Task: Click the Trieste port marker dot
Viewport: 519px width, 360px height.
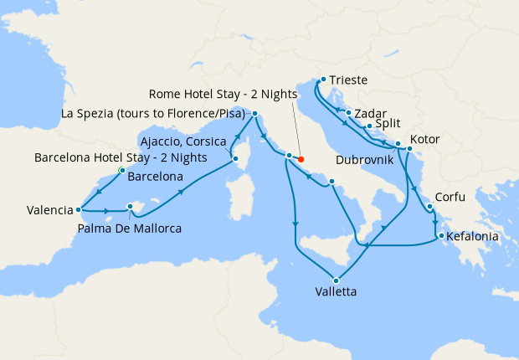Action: coord(322,80)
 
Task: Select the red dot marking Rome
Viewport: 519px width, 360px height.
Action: coord(301,159)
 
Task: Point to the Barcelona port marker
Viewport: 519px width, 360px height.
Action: coord(122,171)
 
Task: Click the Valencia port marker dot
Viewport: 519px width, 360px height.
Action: coord(78,210)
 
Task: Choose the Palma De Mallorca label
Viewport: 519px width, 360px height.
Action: coord(129,227)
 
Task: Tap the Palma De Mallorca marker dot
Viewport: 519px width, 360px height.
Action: coord(130,206)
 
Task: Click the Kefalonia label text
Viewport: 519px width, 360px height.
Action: coord(473,237)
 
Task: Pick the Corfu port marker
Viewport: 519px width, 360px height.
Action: coord(429,207)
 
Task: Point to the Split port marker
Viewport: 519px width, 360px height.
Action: coord(369,126)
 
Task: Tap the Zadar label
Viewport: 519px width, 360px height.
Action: coord(370,111)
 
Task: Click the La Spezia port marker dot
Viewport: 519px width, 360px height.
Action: coord(254,114)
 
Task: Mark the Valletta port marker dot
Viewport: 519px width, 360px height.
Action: coord(337,280)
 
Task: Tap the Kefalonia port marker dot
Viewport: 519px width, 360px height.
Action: coord(440,236)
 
